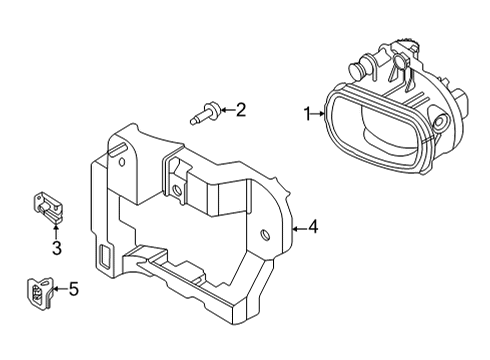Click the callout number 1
[x=308, y=114]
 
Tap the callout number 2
[x=240, y=110]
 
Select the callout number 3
[x=56, y=247]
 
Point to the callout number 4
[x=313, y=228]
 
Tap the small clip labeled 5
[x=39, y=291]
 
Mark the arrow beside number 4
[x=299, y=228]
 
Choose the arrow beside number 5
[x=59, y=290]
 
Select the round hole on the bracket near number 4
[x=266, y=235]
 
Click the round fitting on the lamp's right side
[x=440, y=126]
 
